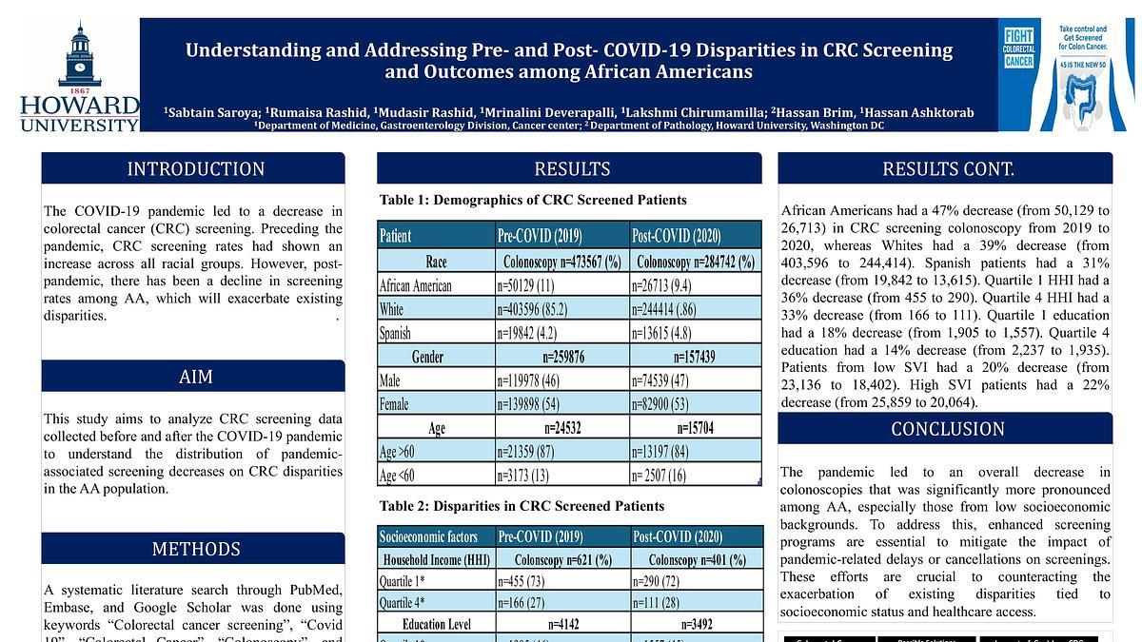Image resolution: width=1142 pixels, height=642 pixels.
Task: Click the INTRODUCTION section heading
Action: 195,169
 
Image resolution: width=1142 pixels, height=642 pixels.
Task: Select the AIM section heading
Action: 195,377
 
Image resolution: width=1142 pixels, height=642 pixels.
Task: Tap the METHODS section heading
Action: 195,549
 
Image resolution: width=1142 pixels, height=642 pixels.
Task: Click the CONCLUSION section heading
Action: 947,429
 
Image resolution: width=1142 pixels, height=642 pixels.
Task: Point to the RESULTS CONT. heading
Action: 947,169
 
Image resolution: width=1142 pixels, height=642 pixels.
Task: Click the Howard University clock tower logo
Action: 79,57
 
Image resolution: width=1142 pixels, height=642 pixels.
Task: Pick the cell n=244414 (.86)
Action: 672,309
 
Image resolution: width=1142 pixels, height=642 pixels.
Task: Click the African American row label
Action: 416,285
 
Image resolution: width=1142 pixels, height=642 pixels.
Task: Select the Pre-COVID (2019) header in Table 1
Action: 540,235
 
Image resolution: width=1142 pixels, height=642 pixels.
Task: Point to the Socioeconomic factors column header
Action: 429,536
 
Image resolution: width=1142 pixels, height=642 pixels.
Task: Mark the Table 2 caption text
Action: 522,506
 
